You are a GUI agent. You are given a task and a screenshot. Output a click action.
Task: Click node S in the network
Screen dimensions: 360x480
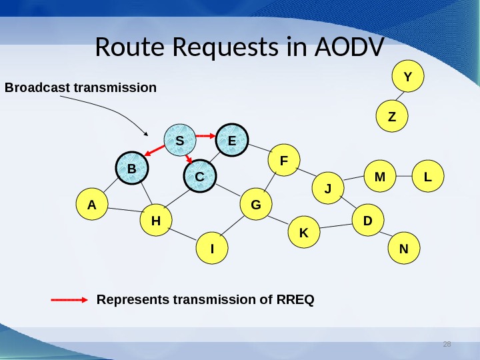pyautogui.click(x=180, y=141)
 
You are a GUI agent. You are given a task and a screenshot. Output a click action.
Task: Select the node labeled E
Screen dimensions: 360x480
pyautogui.click(x=232, y=141)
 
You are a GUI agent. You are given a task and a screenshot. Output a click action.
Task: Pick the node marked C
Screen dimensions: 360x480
pyautogui.click(x=200, y=177)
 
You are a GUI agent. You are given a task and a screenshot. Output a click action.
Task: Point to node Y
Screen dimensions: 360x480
pyautogui.click(x=408, y=77)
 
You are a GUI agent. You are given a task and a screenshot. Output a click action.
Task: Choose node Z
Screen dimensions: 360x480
pyautogui.click(x=391, y=117)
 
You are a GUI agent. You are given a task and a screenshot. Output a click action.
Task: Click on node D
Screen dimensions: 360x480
pyautogui.click(x=367, y=220)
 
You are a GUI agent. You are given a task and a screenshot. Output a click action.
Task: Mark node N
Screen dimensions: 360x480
pyautogui.click(x=403, y=249)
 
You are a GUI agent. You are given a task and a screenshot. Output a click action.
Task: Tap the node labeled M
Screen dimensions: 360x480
pyautogui.click(x=380, y=177)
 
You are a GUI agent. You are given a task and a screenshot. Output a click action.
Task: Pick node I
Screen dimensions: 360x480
pyautogui.click(x=212, y=249)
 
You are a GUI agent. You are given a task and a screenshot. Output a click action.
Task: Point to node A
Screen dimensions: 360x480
pyautogui.click(x=92, y=205)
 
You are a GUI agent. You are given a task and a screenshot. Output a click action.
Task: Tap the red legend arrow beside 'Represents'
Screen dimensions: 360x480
pyautogui.click(x=69, y=300)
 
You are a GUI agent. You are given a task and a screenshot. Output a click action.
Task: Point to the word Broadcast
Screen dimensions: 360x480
pyautogui.click(x=37, y=87)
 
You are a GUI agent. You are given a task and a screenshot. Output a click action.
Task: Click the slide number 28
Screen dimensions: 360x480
pyautogui.click(x=447, y=345)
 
